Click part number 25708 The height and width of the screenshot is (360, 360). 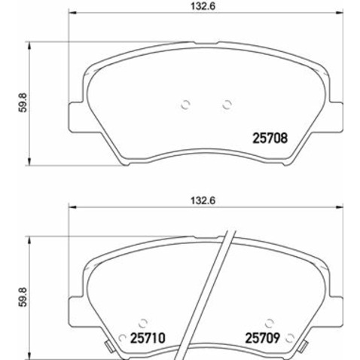pyautogui.click(x=269, y=138)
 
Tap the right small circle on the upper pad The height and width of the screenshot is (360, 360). pyautogui.click(x=226, y=105)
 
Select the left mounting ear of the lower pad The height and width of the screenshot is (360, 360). pyautogui.click(x=75, y=301)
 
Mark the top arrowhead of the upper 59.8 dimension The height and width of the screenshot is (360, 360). pyautogui.click(x=30, y=44)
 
